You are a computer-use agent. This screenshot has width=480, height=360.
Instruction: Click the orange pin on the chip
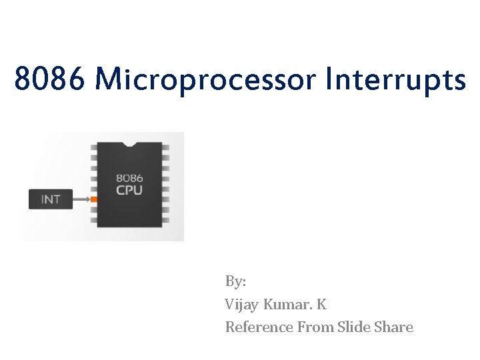pos(94,199)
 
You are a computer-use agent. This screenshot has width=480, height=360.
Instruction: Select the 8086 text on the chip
pos(129,178)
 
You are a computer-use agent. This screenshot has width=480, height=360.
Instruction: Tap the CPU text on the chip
pos(129,190)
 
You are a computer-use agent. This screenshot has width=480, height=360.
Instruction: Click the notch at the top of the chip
pos(130,143)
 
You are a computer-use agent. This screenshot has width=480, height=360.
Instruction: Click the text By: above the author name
pos(236,281)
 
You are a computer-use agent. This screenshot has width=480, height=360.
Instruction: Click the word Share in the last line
pos(395,327)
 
